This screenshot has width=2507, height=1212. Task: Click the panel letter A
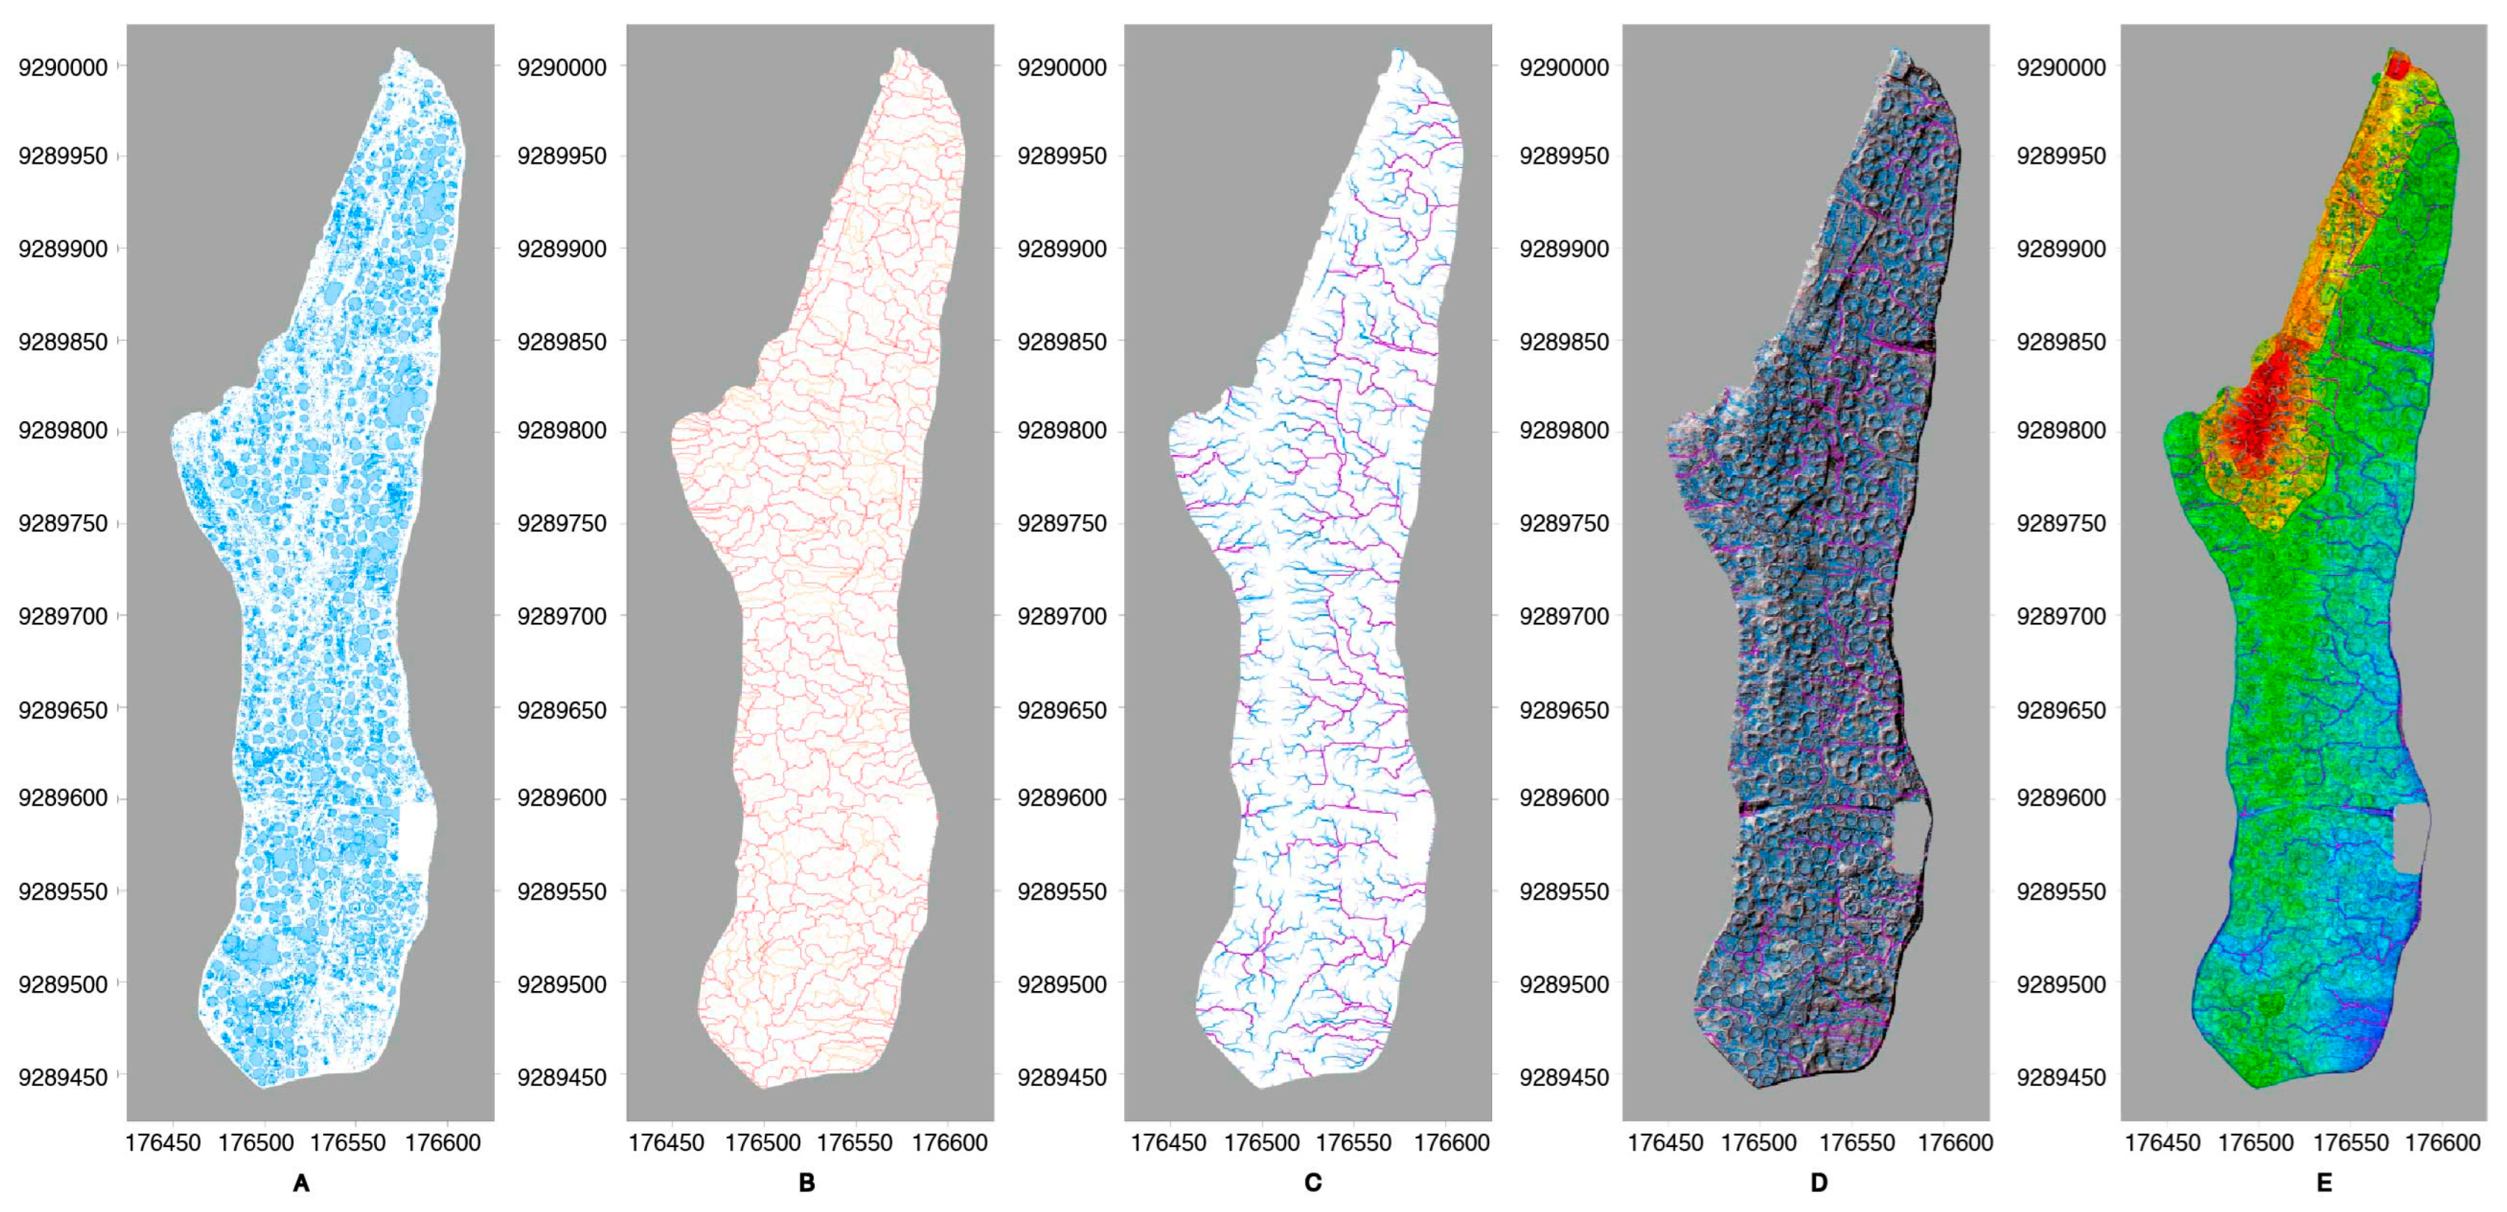tap(301, 1183)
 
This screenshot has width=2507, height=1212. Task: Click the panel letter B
tap(807, 1183)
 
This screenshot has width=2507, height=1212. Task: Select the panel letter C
tap(1313, 1183)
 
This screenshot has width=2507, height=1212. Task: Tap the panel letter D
tap(1819, 1183)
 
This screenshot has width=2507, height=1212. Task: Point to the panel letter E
tap(2324, 1183)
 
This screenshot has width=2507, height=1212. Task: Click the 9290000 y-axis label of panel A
tap(63, 67)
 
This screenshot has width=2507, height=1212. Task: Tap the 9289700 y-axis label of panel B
tap(562, 616)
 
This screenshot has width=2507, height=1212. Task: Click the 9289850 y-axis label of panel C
tap(1062, 342)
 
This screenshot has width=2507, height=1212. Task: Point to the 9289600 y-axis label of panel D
tap(1564, 798)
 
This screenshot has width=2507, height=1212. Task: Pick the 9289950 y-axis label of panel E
tap(2061, 156)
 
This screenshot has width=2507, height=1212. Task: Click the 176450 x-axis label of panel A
tap(163, 1143)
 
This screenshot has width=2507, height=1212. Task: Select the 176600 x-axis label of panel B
tap(950, 1143)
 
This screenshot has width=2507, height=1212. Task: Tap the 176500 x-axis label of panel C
tap(1262, 1143)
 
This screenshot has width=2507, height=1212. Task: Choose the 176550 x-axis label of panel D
tap(1857, 1143)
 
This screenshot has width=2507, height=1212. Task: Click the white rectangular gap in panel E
tap(2410, 838)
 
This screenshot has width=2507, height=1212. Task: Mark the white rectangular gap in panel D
tap(1910, 838)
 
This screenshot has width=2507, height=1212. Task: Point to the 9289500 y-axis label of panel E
tap(2061, 984)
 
